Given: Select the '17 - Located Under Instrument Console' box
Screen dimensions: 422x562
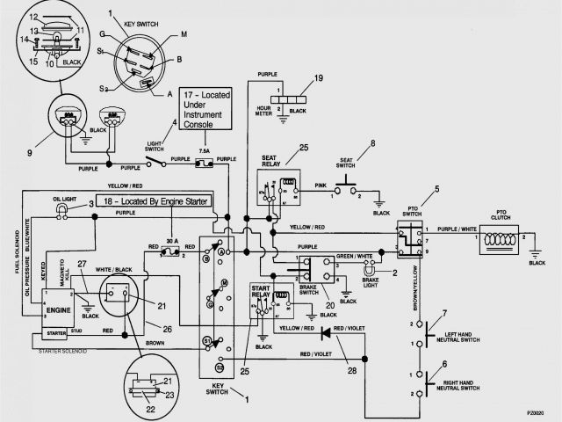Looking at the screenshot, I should coord(209,109).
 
